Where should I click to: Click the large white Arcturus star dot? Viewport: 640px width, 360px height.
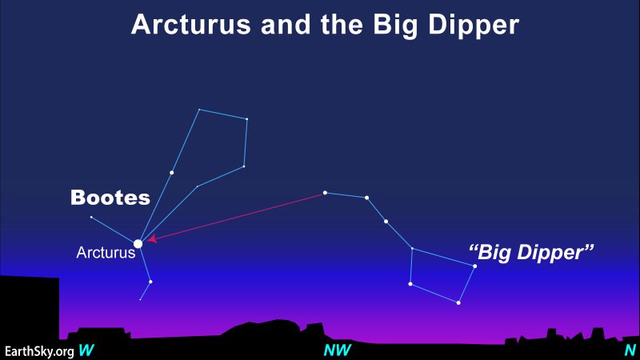138,244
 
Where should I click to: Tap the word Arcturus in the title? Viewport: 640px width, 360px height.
191,25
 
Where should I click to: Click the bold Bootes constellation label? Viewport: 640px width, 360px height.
110,198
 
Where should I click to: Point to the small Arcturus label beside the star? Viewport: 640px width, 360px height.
106,253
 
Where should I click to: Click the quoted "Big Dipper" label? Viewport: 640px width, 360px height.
531,252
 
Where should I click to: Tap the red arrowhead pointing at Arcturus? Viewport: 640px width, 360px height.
152,238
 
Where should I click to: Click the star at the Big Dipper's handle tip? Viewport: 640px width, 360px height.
325,193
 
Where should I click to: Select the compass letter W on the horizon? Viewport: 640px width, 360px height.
86,350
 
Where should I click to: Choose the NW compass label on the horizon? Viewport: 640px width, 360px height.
337,350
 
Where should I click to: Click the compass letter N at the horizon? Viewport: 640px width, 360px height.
630,350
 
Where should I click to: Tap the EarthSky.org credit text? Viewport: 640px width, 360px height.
39,351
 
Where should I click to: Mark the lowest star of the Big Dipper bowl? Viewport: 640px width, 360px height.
458,303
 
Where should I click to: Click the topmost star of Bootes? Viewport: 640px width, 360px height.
199,110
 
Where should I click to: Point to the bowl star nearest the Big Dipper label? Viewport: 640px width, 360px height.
474,266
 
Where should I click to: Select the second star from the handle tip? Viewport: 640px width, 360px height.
366,198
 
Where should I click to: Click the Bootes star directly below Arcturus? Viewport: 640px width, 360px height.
150,282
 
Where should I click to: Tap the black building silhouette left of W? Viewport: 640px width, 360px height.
30,312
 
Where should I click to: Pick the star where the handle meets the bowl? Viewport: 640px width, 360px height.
412,248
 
